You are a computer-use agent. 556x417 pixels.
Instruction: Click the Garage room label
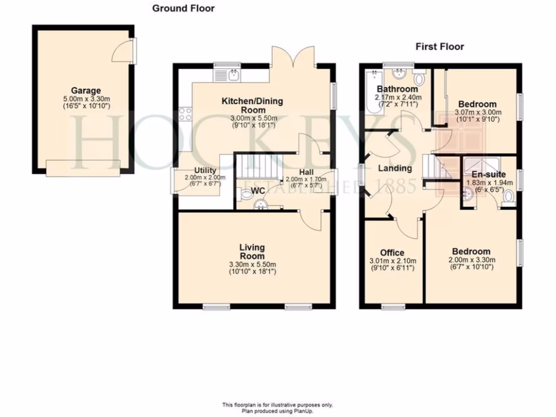[86, 91]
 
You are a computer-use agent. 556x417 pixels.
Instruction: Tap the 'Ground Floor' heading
[183, 8]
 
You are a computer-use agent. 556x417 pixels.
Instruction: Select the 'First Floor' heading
[440, 47]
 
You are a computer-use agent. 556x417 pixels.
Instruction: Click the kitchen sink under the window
[235, 74]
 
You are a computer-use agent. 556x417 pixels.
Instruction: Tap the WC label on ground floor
[258, 191]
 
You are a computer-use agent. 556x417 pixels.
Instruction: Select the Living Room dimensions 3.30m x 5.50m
[252, 264]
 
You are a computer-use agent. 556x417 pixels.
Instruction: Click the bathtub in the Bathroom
[374, 91]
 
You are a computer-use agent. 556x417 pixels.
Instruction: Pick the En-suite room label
[488, 175]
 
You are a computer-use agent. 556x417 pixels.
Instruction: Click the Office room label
[392, 252]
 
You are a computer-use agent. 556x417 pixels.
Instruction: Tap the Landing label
[395, 168]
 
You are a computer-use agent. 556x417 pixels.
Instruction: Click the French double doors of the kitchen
[293, 56]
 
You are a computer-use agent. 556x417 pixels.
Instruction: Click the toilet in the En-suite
[508, 201]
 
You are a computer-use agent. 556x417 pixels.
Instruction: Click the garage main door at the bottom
[83, 168]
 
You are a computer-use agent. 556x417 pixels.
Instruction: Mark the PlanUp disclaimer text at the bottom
[277, 408]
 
